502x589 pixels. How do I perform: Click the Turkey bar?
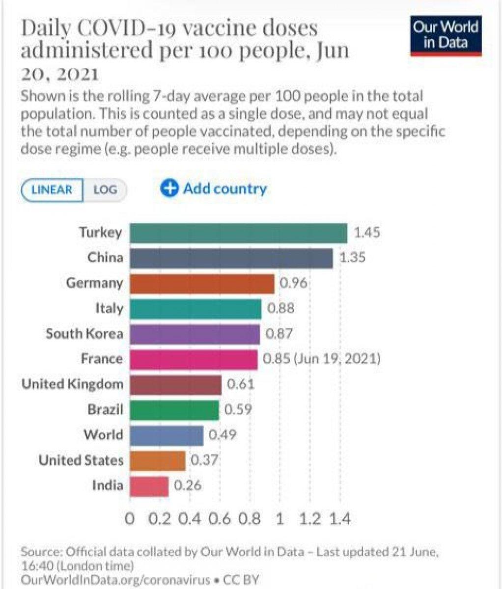click(x=238, y=233)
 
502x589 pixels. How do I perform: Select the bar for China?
click(x=231, y=258)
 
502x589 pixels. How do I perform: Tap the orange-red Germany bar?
click(x=202, y=284)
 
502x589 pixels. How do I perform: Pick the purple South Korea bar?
click(x=195, y=334)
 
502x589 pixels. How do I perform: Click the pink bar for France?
click(x=194, y=359)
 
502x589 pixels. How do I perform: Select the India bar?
click(x=149, y=486)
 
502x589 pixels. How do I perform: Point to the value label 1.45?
click(x=367, y=232)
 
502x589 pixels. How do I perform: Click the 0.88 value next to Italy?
click(x=281, y=308)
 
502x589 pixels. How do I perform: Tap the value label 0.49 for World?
click(x=223, y=435)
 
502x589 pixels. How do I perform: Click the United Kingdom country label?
click(x=72, y=384)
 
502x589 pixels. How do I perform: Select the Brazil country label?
click(x=105, y=409)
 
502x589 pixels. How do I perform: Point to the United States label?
click(x=81, y=460)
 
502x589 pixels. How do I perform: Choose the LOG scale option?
click(x=105, y=189)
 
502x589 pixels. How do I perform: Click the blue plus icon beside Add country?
click(x=169, y=189)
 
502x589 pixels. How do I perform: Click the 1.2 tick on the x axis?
click(x=310, y=519)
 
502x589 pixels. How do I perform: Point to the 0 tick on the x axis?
click(x=130, y=519)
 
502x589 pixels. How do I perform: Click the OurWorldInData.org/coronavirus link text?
click(x=116, y=579)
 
